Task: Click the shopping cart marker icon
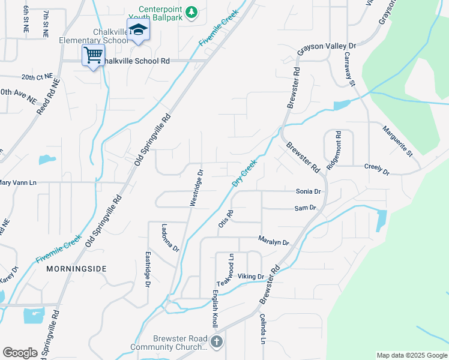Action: point(93,55)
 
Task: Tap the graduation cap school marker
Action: point(138,31)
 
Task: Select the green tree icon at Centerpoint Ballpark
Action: point(191,12)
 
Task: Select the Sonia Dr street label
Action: point(309,191)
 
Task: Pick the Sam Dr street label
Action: point(305,208)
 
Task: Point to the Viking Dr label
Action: point(251,277)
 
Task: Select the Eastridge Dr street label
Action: point(148,269)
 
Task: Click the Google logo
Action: point(20,353)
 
